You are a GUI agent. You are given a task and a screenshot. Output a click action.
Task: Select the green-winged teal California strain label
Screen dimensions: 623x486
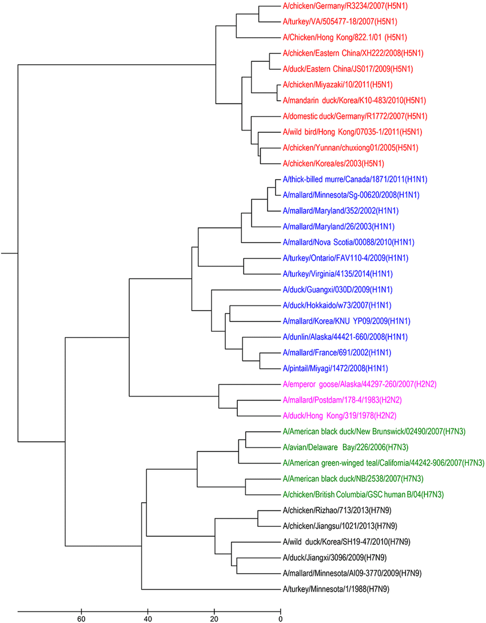tap(384, 462)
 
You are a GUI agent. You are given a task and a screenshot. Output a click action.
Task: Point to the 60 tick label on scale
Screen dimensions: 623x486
tap(81, 618)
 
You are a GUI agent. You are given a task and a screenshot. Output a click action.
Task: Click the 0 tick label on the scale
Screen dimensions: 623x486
tap(281, 618)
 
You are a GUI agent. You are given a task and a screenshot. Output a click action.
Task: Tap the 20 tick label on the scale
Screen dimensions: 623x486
tap(214, 618)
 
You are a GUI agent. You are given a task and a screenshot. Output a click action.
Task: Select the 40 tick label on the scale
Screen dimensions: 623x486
tap(148, 618)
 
